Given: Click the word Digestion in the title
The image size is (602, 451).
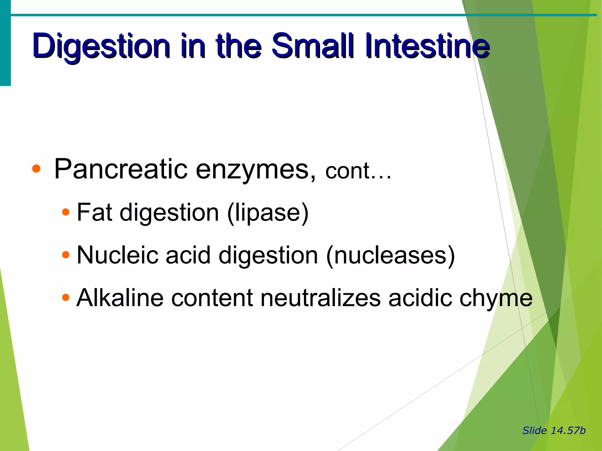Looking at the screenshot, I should pyautogui.click(x=101, y=47).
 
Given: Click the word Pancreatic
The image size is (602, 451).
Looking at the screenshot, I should pyautogui.click(x=121, y=169).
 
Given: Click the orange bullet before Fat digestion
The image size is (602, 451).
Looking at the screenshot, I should pyautogui.click(x=66, y=212).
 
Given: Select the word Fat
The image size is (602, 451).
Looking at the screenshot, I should pyautogui.click(x=94, y=212).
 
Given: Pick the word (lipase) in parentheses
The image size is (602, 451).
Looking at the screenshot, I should pyautogui.click(x=268, y=213).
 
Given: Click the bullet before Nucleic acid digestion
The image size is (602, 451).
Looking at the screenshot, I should pyautogui.click(x=66, y=255).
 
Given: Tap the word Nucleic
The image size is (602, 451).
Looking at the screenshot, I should pyautogui.click(x=118, y=255).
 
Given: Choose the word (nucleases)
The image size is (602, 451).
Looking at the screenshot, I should pyautogui.click(x=391, y=255).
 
